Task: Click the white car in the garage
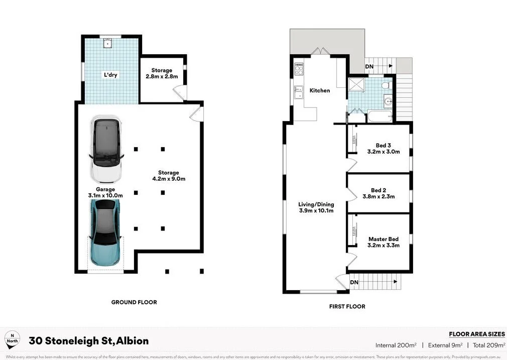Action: [x=106, y=149]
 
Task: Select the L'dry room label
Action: [x=110, y=75]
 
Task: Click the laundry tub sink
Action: [x=107, y=44]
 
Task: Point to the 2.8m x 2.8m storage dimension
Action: [x=162, y=77]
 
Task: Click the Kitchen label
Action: [x=320, y=90]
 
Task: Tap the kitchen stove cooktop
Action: [x=299, y=68]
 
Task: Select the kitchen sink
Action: [x=298, y=92]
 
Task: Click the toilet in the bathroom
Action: [x=386, y=86]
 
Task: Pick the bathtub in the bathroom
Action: [x=379, y=117]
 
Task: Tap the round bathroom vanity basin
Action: [x=388, y=102]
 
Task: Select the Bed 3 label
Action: [x=383, y=145]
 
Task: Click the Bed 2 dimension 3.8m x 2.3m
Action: [x=378, y=197]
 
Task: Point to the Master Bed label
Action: [x=384, y=239]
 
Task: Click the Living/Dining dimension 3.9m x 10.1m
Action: [x=316, y=211]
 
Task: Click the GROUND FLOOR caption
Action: [x=134, y=302]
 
